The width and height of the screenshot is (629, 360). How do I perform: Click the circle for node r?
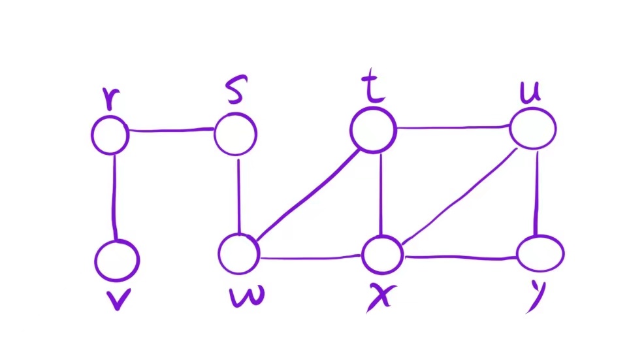click(x=110, y=135)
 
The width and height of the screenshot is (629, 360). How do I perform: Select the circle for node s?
click(x=235, y=134)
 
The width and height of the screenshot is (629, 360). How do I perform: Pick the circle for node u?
click(x=533, y=128)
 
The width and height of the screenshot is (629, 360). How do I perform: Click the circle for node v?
click(x=117, y=261)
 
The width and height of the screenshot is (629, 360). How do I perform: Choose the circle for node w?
click(x=238, y=254)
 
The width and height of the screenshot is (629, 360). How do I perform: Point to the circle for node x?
click(x=383, y=254)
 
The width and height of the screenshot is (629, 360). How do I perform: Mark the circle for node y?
click(x=540, y=252)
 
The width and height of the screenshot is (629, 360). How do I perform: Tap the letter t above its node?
click(x=374, y=90)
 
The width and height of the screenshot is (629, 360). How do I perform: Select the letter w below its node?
click(x=247, y=297)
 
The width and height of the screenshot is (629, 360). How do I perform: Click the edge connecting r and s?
click(x=171, y=131)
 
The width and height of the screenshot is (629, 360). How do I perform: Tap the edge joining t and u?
click(x=453, y=127)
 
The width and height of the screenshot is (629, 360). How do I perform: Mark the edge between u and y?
click(x=536, y=191)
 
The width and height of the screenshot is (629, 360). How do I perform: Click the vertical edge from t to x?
click(x=381, y=193)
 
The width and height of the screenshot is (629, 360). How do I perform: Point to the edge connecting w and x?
click(x=311, y=257)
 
